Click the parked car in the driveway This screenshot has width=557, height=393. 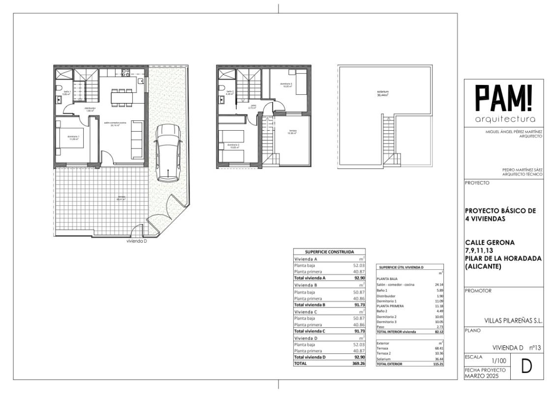168,153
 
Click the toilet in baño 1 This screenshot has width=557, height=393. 59,88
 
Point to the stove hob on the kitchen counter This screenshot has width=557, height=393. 125,72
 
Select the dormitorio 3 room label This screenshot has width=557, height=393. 286,85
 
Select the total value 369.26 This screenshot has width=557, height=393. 357,364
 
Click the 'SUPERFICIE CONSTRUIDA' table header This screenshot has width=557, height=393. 329,252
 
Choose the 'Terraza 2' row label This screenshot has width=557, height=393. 384,353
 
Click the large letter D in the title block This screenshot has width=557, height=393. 526,367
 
